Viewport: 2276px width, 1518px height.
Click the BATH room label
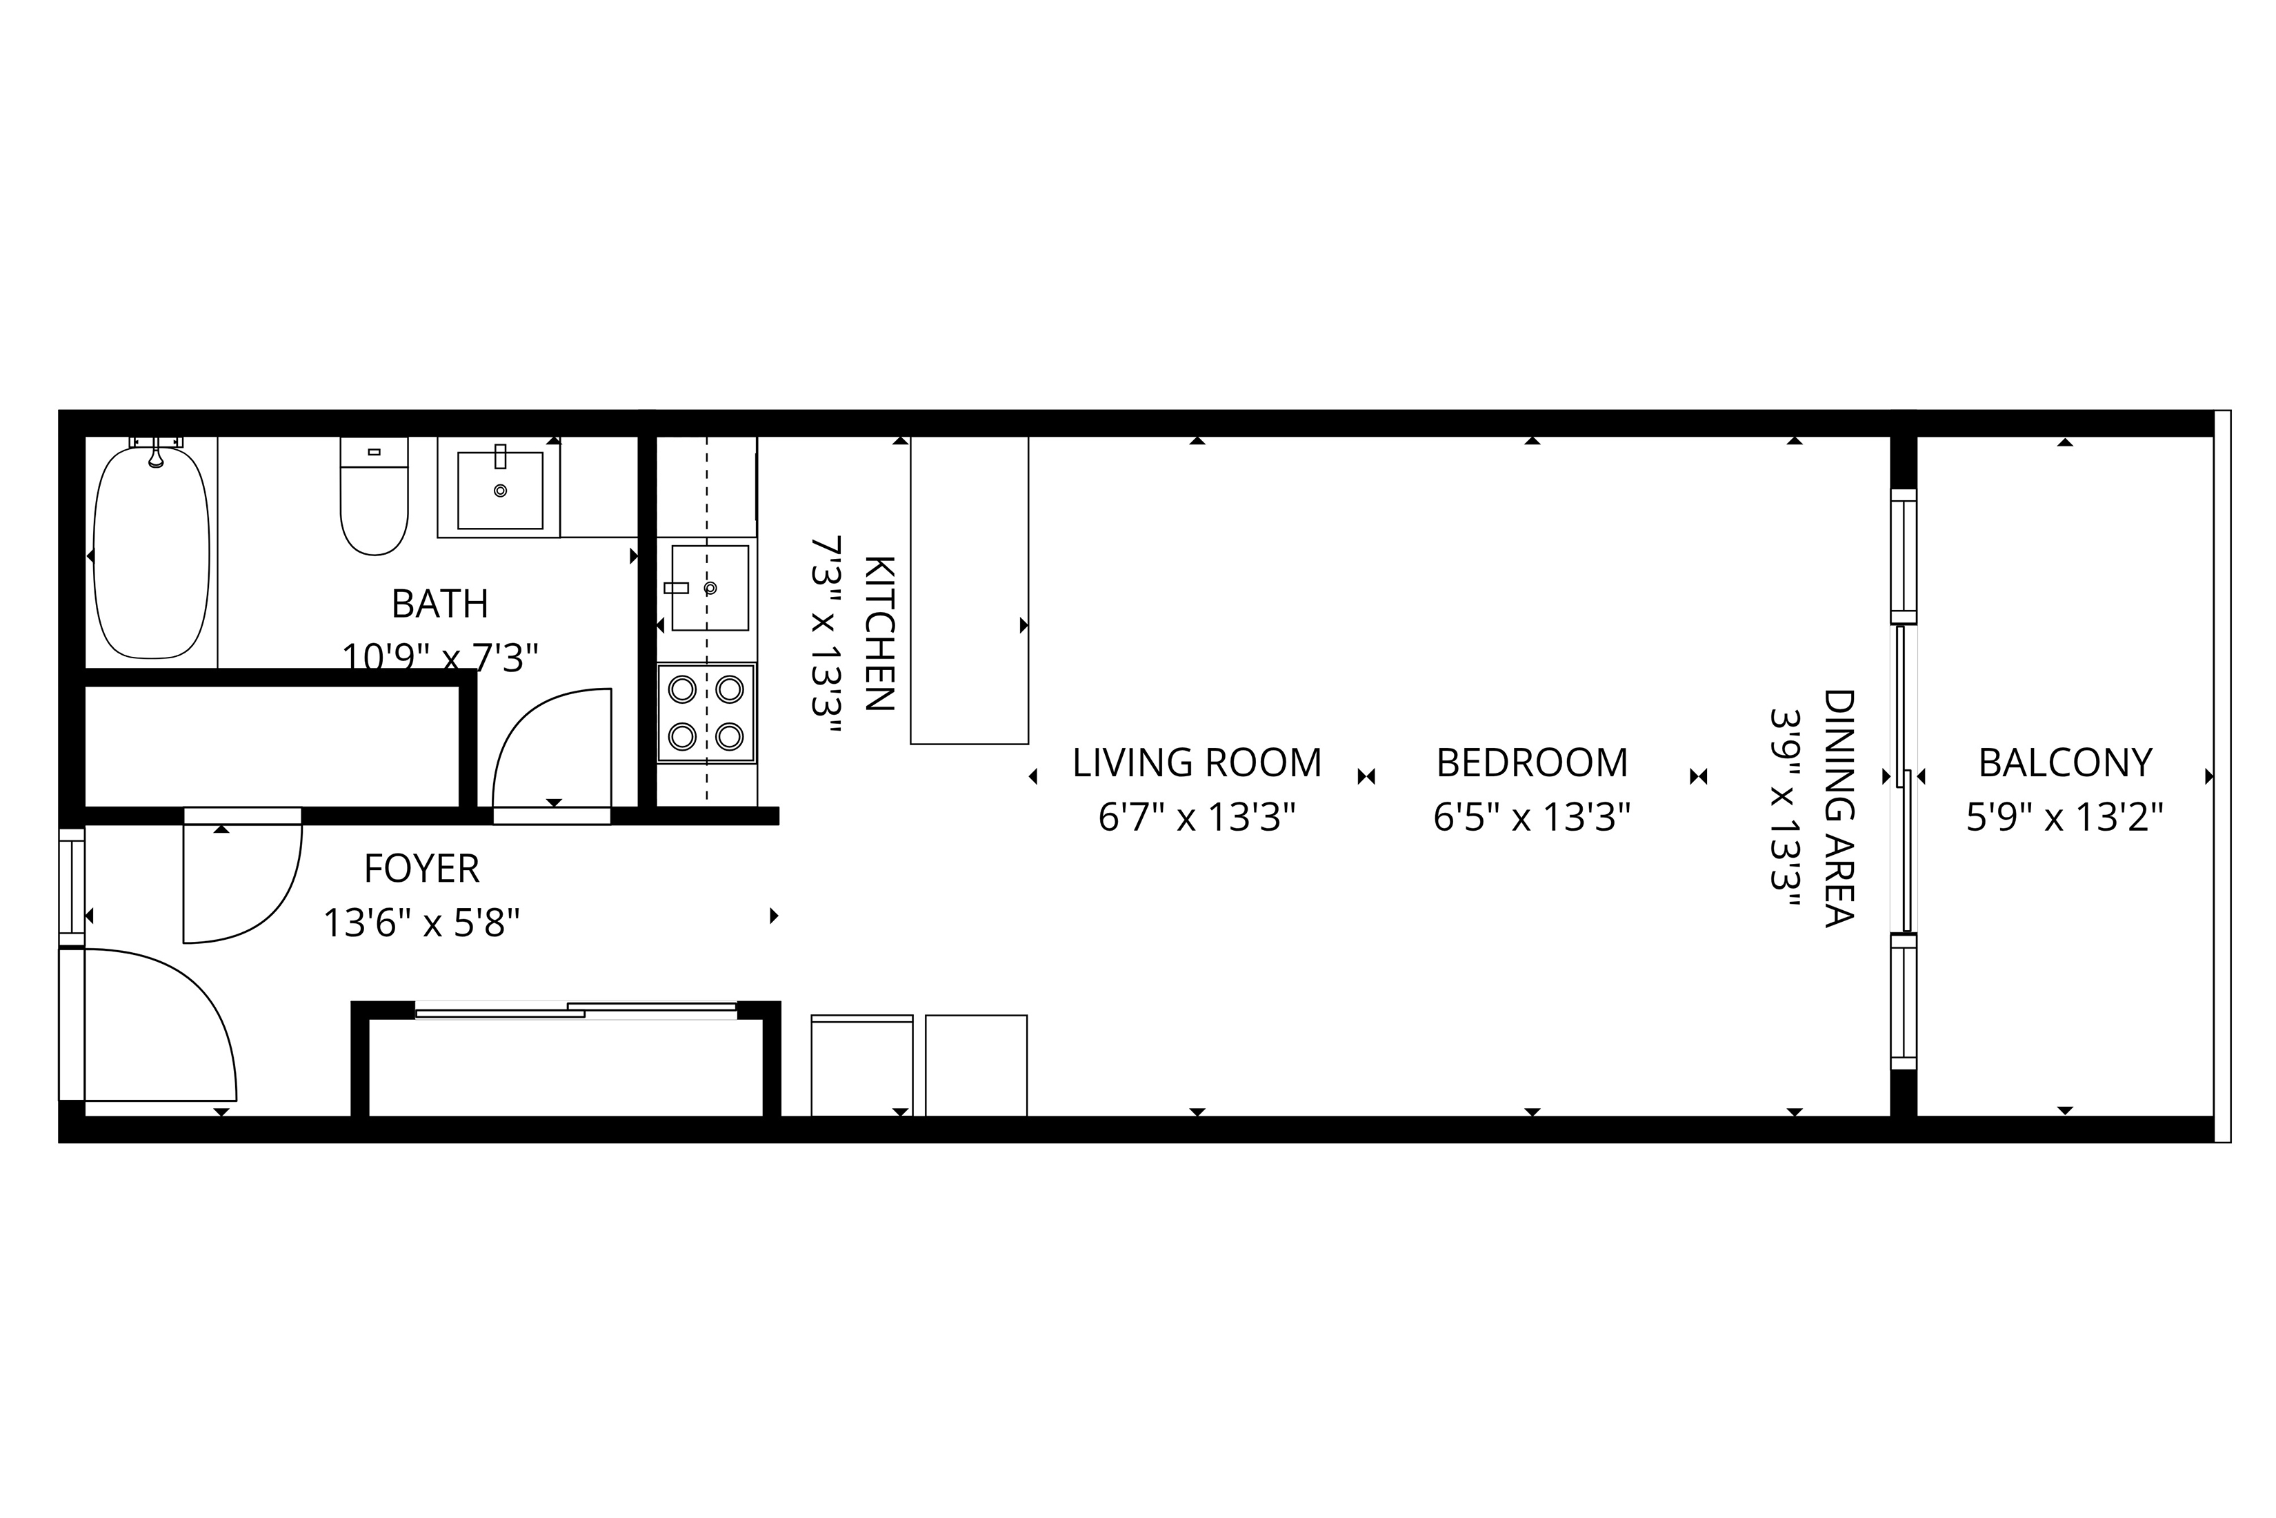[x=439, y=604]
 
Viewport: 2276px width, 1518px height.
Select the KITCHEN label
[x=878, y=633]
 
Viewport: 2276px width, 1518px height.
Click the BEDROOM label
[x=1532, y=763]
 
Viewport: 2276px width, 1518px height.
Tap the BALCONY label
[x=2065, y=763]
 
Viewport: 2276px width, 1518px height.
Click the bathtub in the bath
[x=151, y=552]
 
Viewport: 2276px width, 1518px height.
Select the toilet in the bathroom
[x=375, y=495]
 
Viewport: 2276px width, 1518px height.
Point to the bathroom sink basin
[x=500, y=490]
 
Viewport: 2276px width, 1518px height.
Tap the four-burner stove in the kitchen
[x=706, y=713]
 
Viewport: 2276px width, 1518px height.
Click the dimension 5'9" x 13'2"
[x=2065, y=817]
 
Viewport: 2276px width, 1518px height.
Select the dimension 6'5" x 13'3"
[x=1532, y=817]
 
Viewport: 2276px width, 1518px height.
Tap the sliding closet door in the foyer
[x=577, y=1009]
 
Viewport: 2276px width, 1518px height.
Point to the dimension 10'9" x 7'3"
[x=439, y=658]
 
